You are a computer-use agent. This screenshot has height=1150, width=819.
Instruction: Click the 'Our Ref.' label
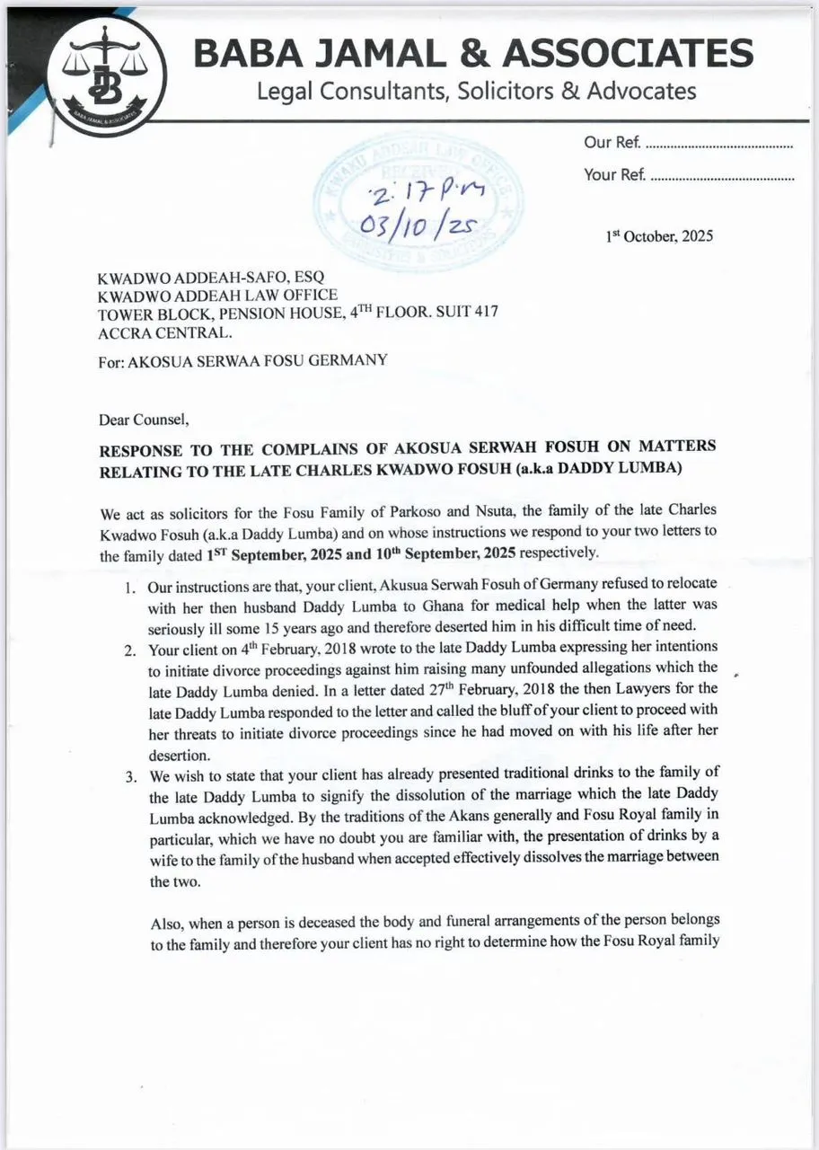611,142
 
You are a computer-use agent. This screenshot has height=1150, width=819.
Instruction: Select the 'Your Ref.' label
614,174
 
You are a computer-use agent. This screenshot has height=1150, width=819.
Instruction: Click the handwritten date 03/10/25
414,223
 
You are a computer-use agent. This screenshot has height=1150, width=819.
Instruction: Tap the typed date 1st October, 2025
659,236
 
